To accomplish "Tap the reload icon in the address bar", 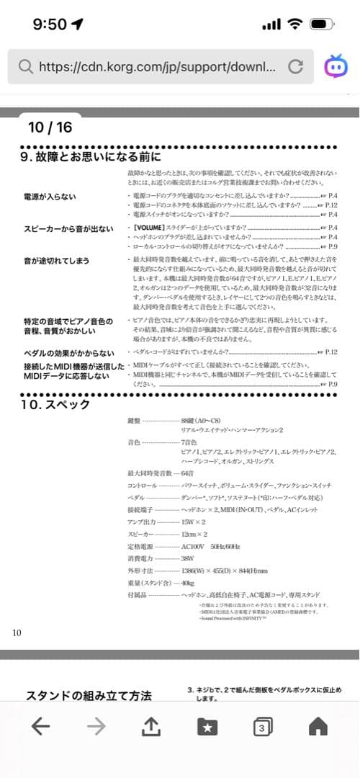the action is [294, 67].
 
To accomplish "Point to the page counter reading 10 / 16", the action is [50, 128].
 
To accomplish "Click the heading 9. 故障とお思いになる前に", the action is [91, 156].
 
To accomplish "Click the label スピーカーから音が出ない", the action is [68, 229].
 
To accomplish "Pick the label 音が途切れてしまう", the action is [57, 259].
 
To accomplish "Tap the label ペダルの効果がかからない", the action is [68, 352].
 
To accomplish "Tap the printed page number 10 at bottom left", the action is [17, 632].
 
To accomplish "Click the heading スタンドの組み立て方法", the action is [89, 696].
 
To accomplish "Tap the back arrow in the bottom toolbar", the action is [41, 728].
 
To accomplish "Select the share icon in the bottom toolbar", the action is [150, 728].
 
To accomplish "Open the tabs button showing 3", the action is [262, 728].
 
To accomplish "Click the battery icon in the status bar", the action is [320, 24].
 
